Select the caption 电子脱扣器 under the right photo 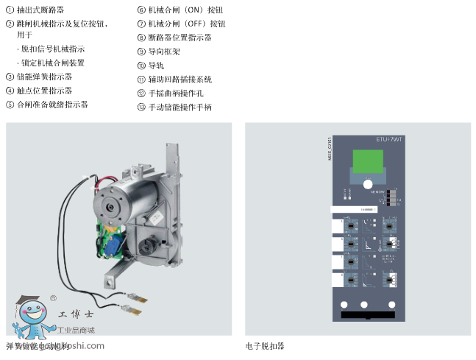265,345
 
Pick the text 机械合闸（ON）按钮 181,10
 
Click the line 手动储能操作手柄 180,107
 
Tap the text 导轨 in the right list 156,65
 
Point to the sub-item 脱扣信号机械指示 52,49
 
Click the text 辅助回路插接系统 180,79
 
